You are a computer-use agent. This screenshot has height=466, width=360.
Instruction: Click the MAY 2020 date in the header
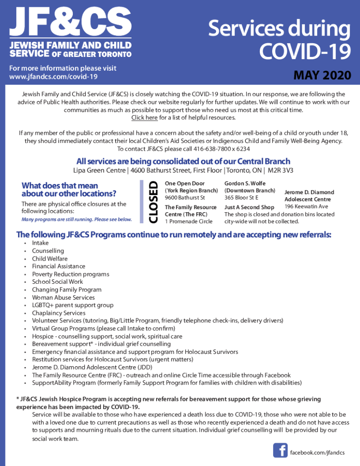322,75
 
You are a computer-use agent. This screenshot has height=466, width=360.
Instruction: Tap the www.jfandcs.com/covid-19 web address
53,77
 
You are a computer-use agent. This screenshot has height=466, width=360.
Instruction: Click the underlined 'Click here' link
144,118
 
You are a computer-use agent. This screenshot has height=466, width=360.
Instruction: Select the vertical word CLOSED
153,202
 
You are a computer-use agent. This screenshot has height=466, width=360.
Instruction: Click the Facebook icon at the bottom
280,451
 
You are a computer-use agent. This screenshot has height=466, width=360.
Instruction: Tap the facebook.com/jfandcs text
317,452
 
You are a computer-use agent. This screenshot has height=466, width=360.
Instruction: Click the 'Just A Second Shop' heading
249,207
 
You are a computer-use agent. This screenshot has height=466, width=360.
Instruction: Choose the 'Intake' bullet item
40,243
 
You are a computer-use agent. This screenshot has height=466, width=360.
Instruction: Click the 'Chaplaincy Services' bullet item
58,313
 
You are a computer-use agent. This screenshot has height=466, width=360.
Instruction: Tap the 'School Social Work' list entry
57,282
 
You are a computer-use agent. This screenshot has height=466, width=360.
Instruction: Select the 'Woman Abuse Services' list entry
63,297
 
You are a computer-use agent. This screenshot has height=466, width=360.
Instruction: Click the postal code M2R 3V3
280,170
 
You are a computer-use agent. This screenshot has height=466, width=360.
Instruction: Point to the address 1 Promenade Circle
188,221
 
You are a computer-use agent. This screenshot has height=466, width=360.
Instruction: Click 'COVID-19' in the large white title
305,51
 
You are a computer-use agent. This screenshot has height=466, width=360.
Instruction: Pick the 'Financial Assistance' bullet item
58,266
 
